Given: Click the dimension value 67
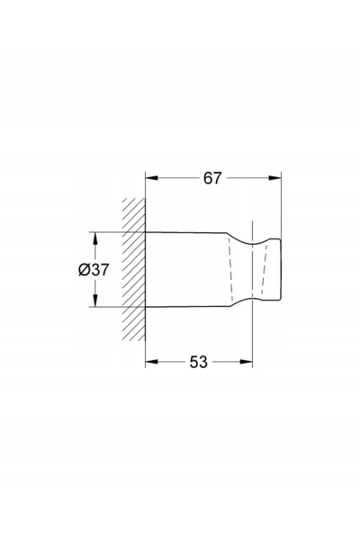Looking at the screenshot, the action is [x=211, y=178].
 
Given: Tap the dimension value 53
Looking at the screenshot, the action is [x=199, y=362].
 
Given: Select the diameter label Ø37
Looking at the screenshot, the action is [x=94, y=270].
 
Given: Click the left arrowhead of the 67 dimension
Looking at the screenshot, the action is [x=151, y=178].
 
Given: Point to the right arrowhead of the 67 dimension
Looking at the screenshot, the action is [x=274, y=178].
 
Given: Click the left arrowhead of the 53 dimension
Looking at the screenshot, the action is [x=151, y=362].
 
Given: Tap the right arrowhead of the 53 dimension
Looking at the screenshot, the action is [x=246, y=362].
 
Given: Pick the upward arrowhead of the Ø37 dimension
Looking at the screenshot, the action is [x=95, y=238].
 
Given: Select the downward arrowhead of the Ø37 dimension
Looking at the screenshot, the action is [x=95, y=300].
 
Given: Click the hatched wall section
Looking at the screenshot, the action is [x=134, y=269].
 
